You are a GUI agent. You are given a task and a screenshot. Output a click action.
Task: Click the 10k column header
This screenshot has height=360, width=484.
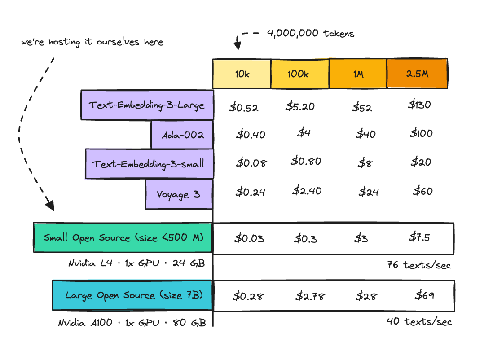(x=242, y=74)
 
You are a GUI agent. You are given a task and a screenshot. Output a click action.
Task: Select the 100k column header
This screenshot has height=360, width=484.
(x=299, y=74)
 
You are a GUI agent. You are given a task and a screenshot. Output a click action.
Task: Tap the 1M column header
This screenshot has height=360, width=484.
(x=358, y=74)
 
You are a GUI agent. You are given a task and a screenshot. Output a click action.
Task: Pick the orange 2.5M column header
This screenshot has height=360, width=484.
(x=417, y=74)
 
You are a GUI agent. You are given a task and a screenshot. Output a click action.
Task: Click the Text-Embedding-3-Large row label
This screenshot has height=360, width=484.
(x=147, y=105)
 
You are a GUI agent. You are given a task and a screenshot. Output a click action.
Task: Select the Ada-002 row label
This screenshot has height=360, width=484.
(x=182, y=135)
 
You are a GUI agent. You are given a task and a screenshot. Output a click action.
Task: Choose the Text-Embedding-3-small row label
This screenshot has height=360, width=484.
(x=149, y=164)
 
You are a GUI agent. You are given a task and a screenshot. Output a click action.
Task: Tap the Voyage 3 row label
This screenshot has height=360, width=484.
(x=179, y=194)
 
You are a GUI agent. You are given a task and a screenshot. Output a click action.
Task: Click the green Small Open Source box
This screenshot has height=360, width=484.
(x=123, y=237)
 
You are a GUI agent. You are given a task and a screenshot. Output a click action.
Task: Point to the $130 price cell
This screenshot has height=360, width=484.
(x=420, y=105)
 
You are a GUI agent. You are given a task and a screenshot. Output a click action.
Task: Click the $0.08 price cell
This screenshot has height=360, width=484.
(x=251, y=162)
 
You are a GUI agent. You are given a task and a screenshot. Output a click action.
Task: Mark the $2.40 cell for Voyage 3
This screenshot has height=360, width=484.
(x=307, y=191)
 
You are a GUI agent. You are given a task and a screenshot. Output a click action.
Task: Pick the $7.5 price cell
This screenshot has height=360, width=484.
(x=419, y=237)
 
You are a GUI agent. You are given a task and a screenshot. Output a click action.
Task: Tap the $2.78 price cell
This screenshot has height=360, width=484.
(x=310, y=296)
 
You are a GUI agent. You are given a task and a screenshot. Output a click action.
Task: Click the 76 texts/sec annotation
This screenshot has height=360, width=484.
(x=419, y=265)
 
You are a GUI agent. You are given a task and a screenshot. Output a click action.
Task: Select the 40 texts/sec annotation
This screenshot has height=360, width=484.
(x=419, y=322)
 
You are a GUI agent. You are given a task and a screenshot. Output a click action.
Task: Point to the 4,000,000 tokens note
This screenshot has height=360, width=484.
(x=310, y=33)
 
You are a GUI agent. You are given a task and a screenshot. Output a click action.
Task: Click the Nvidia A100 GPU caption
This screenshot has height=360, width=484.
(x=132, y=323)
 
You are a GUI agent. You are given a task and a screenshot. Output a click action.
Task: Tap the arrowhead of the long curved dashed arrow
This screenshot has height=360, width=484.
(x=51, y=206)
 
